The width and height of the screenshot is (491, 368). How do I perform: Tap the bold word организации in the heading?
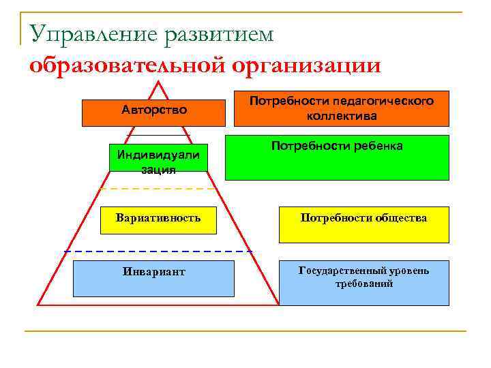pos(306,65)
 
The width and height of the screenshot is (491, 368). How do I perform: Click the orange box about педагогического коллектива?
pos(341,109)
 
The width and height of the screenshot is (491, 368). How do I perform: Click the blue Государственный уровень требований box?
pos(364,282)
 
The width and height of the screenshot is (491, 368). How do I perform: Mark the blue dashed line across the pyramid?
pos(158,252)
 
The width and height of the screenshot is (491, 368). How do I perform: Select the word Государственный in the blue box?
pos(338,271)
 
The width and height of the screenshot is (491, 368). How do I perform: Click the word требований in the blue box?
pos(364,283)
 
